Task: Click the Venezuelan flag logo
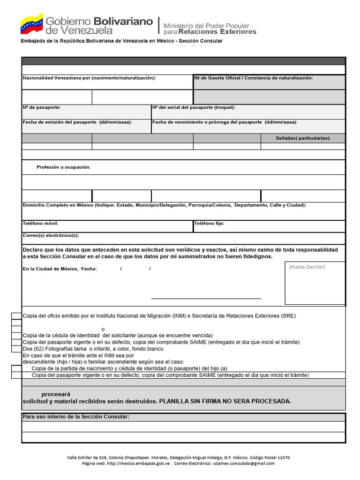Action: (x=31, y=23)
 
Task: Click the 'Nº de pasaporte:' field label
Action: (x=42, y=108)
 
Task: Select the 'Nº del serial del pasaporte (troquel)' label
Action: (x=194, y=108)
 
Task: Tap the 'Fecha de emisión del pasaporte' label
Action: (x=77, y=122)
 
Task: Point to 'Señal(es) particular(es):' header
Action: (x=303, y=138)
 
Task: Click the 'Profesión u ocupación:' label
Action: (x=64, y=167)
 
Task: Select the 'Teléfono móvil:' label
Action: (x=41, y=224)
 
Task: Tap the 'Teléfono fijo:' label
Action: (x=210, y=224)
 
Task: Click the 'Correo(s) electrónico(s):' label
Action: (x=51, y=235)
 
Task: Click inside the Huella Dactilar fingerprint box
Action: (x=315, y=286)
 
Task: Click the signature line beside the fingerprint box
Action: (x=206, y=298)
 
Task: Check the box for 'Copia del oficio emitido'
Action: (x=16, y=316)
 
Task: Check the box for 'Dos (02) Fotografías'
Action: (x=16, y=349)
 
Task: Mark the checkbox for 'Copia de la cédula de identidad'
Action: (x=16, y=336)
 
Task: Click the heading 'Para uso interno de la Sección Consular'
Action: (x=76, y=417)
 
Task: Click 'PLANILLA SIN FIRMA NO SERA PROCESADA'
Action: (x=225, y=401)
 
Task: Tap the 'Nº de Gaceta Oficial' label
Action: (x=218, y=78)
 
